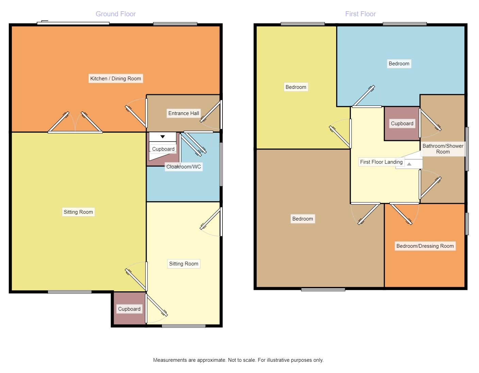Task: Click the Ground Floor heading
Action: tap(116, 14)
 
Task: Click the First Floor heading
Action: tap(360, 14)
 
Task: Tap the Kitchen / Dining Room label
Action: tap(116, 79)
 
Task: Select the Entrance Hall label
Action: tap(184, 113)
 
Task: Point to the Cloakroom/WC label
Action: tap(184, 167)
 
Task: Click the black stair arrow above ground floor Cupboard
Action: tap(163, 137)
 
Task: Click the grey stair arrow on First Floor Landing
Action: tap(409, 164)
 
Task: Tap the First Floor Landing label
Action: tap(381, 162)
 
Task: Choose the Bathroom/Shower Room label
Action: tap(443, 149)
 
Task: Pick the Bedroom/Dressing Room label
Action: tap(425, 246)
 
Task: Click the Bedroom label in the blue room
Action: tap(399, 64)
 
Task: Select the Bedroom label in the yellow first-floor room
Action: tap(296, 87)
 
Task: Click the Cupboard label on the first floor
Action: tap(402, 124)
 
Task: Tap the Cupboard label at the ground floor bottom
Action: tap(129, 309)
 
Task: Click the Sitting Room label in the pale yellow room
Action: tap(184, 264)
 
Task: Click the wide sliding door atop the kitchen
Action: tap(73, 23)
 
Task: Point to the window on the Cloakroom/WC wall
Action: tap(221, 164)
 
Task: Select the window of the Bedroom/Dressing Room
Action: tap(467, 224)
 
